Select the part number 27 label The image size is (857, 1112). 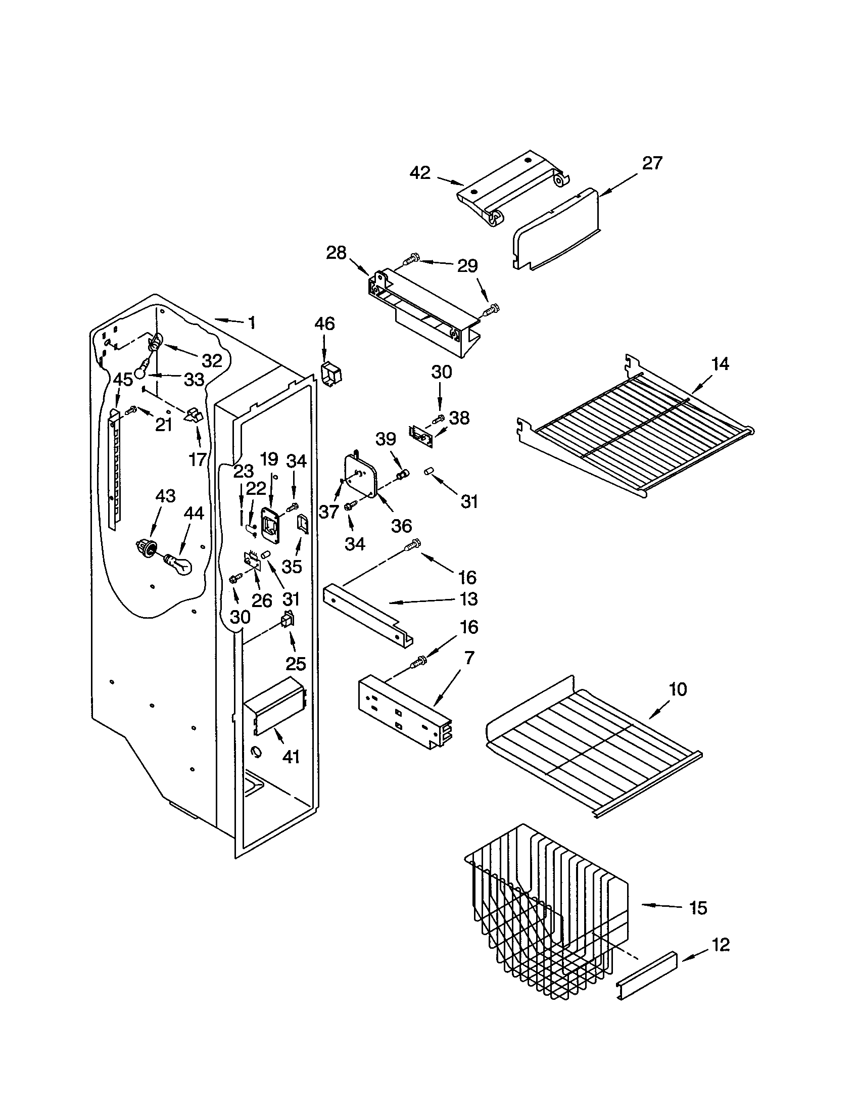coord(652,163)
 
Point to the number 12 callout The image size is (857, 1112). coord(721,945)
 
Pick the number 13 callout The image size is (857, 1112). coord(468,599)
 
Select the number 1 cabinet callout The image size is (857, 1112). coord(252,322)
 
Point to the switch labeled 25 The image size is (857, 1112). coord(288,621)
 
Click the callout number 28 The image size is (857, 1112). coord(336,253)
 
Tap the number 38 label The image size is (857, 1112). coord(459,418)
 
